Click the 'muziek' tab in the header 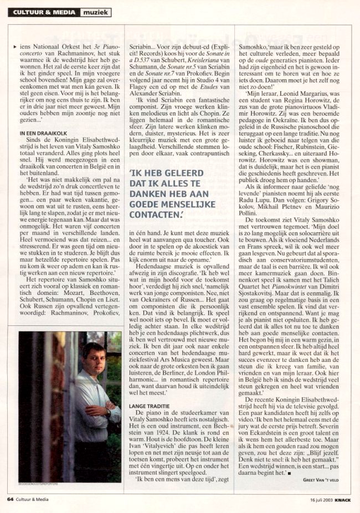[x=96, y=12]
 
